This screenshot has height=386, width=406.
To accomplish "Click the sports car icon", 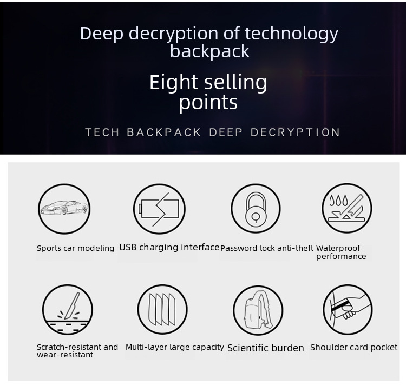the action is click(63, 208).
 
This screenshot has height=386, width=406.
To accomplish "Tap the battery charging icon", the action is click(159, 208).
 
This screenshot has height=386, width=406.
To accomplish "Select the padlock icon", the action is click(256, 208).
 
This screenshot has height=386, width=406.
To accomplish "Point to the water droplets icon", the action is click(347, 208).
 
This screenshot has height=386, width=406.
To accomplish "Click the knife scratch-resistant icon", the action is click(68, 309).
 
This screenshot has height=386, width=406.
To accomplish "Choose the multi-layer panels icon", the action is click(162, 309).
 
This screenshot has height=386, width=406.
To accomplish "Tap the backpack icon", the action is click(258, 310).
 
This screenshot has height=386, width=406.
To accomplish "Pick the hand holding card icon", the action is click(348, 309).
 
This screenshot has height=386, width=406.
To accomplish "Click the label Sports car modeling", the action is click(75, 248).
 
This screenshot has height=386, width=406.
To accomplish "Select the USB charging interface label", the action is click(169, 247).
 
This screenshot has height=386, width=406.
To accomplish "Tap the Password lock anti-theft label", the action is click(267, 248).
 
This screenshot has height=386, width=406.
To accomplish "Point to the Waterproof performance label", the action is click(341, 252).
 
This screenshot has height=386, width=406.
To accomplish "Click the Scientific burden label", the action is click(265, 348).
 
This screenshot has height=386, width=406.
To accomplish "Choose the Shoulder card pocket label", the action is click(353, 347).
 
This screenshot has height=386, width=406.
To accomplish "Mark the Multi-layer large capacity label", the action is click(174, 347).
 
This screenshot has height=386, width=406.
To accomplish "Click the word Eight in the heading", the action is click(173, 83).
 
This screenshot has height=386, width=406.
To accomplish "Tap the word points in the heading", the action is click(208, 102).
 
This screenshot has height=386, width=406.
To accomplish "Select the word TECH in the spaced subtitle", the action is click(102, 132).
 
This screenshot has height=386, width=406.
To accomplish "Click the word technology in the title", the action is click(291, 34).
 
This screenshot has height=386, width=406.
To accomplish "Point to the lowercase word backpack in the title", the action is click(209, 51).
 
